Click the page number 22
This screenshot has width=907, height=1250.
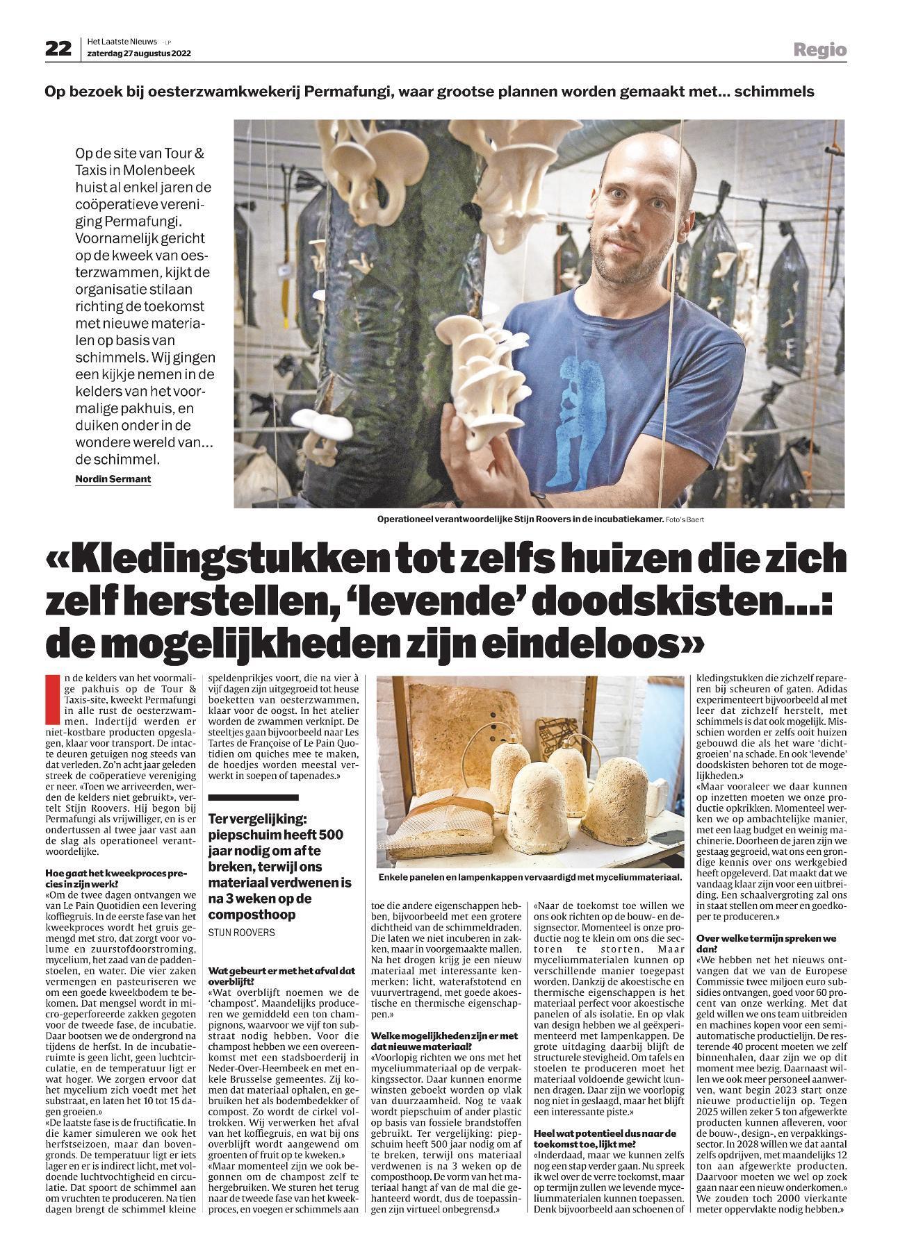[x=58, y=49]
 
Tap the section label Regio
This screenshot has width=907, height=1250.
[x=821, y=50]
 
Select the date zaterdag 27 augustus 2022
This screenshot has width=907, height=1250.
[x=139, y=53]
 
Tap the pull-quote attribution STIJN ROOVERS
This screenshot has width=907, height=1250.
[x=242, y=933]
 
